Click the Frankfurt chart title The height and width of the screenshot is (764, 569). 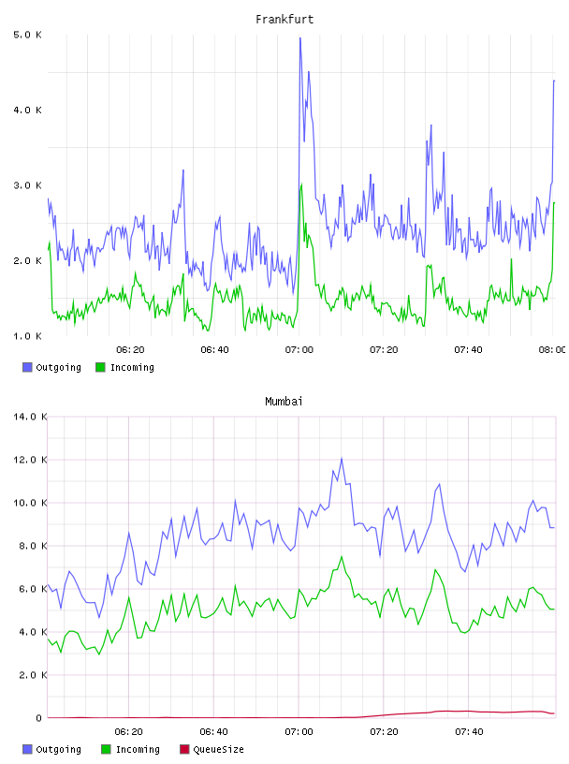point(284,20)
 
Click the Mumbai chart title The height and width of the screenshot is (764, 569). point(284,402)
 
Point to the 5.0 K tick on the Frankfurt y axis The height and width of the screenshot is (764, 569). point(28,35)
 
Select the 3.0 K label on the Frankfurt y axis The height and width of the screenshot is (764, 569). point(28,185)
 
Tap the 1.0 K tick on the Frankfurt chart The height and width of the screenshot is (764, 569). point(28,336)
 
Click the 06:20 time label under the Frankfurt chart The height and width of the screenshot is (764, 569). point(130,350)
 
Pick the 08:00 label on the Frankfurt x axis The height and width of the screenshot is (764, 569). point(552,350)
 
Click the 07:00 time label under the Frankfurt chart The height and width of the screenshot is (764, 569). point(299,350)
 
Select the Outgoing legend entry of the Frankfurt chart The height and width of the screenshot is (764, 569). point(52,367)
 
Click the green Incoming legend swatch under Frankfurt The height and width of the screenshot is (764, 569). point(100,367)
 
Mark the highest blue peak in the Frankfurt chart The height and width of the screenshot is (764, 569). point(300,38)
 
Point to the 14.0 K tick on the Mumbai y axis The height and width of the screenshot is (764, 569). point(30,417)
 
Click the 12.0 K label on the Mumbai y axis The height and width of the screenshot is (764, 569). point(30,460)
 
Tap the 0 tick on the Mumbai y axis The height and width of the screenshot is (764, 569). point(38,718)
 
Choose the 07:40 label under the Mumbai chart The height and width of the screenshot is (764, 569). point(469,732)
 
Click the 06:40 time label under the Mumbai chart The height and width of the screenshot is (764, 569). point(214,732)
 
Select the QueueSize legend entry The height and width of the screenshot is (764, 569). point(212,749)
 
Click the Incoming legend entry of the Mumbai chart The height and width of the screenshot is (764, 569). point(131,749)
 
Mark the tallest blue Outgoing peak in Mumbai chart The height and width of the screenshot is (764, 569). point(342,459)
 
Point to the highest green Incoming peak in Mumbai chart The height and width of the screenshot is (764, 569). point(342,556)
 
